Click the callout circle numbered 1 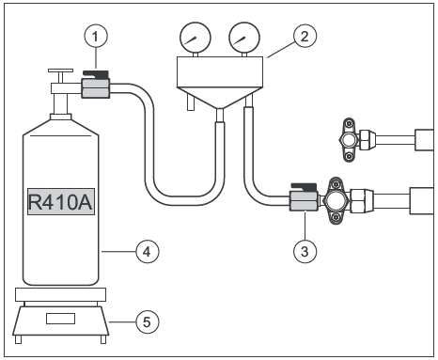pos(96,37)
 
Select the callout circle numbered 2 pos(305,36)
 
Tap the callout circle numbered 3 pos(305,251)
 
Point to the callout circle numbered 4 pos(148,251)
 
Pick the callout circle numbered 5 pos(148,321)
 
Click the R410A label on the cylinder pos(61,202)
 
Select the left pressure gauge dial pos(196,38)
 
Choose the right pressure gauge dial pos(244,38)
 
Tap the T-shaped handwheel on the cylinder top pos(60,75)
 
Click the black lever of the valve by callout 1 pos(96,74)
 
